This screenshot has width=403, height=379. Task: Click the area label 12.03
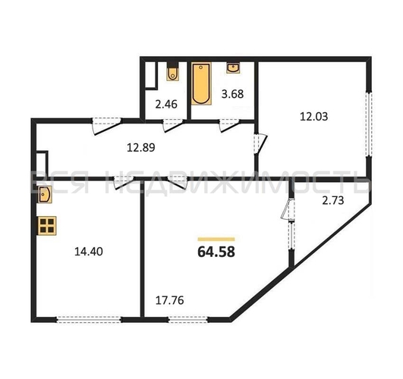tap(313, 117)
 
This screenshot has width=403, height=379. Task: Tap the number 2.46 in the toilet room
tap(166, 105)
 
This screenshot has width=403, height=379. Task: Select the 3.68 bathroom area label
tap(232, 94)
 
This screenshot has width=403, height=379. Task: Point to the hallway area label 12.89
tap(141, 148)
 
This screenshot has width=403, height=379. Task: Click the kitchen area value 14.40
tap(88, 252)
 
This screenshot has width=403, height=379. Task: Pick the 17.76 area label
tap(170, 300)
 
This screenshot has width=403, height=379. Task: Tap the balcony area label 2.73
tap(333, 200)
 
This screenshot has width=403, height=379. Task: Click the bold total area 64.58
tap(216, 252)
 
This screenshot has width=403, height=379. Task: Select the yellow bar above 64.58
tap(216, 240)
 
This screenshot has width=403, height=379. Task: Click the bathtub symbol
tap(201, 83)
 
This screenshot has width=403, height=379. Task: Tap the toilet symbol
tap(172, 71)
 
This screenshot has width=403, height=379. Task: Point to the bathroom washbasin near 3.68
tap(233, 67)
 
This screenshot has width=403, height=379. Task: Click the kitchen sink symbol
tap(44, 194)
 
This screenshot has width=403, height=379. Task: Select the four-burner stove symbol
tap(47, 226)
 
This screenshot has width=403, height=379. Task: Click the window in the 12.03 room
tap(369, 124)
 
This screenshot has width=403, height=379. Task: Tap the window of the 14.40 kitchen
tap(89, 319)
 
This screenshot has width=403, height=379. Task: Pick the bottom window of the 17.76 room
tap(188, 319)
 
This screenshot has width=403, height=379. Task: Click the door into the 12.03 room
tap(260, 144)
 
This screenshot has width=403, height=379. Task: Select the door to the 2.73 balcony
tap(288, 209)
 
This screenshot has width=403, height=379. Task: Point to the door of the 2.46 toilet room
tap(173, 125)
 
